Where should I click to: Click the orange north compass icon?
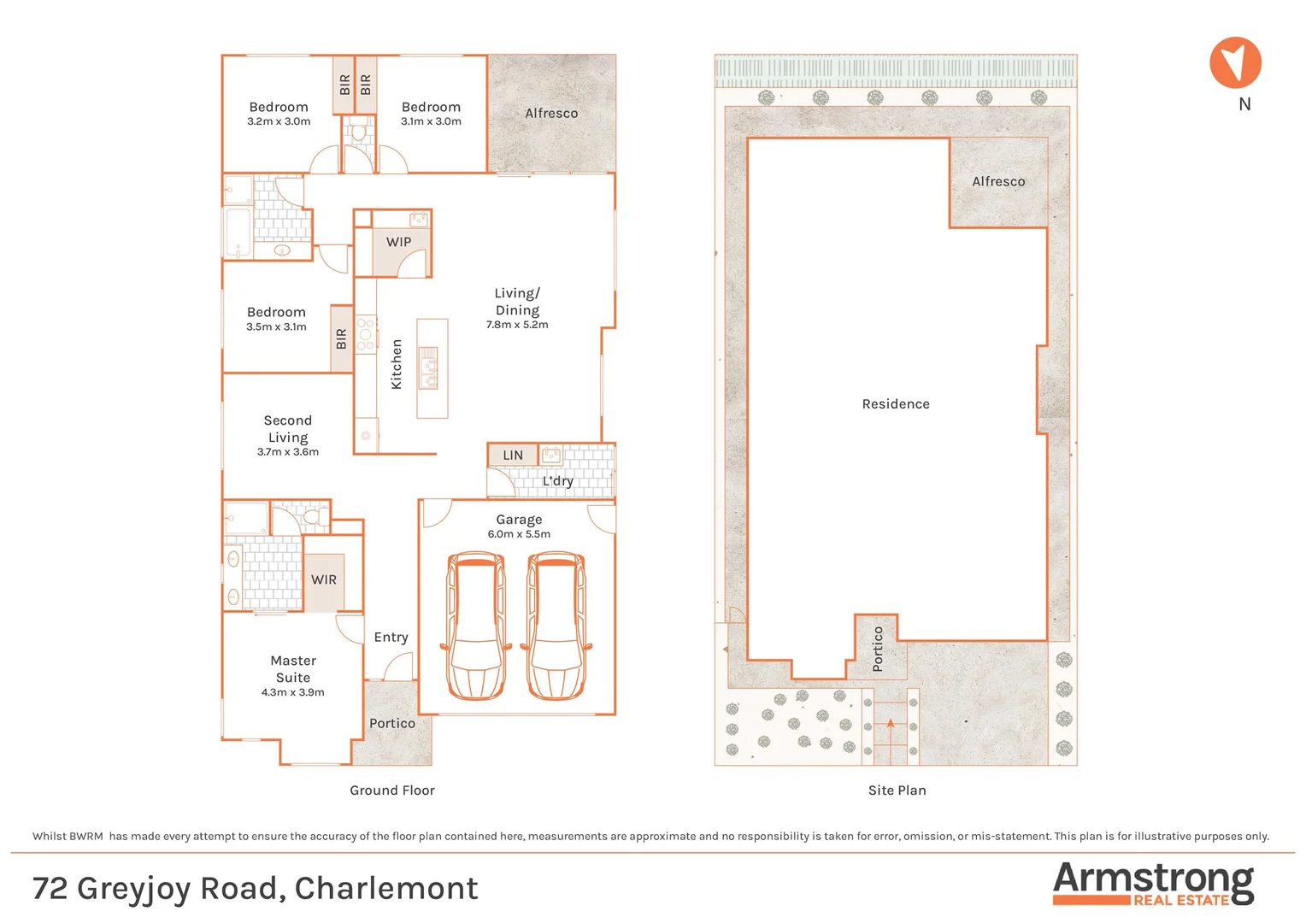1235,63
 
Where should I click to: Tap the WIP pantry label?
398,242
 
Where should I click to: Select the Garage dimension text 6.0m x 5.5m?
519,534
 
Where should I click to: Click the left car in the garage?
475,626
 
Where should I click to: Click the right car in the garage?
556,626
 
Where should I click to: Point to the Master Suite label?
293,668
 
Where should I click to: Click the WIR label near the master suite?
324,579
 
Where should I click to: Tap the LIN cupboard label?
513,456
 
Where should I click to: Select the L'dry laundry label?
557,481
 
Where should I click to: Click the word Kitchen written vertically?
397,364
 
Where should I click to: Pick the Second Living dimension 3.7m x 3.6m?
288,452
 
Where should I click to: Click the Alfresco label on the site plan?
998,181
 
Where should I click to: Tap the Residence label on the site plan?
896,404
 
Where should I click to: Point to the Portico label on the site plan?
878,649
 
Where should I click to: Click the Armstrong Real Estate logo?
1153,883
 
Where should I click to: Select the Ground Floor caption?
392,791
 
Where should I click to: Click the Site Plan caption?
897,791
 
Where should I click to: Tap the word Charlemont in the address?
386,889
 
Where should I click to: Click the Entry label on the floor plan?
391,638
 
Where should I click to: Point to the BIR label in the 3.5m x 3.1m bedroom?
342,339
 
